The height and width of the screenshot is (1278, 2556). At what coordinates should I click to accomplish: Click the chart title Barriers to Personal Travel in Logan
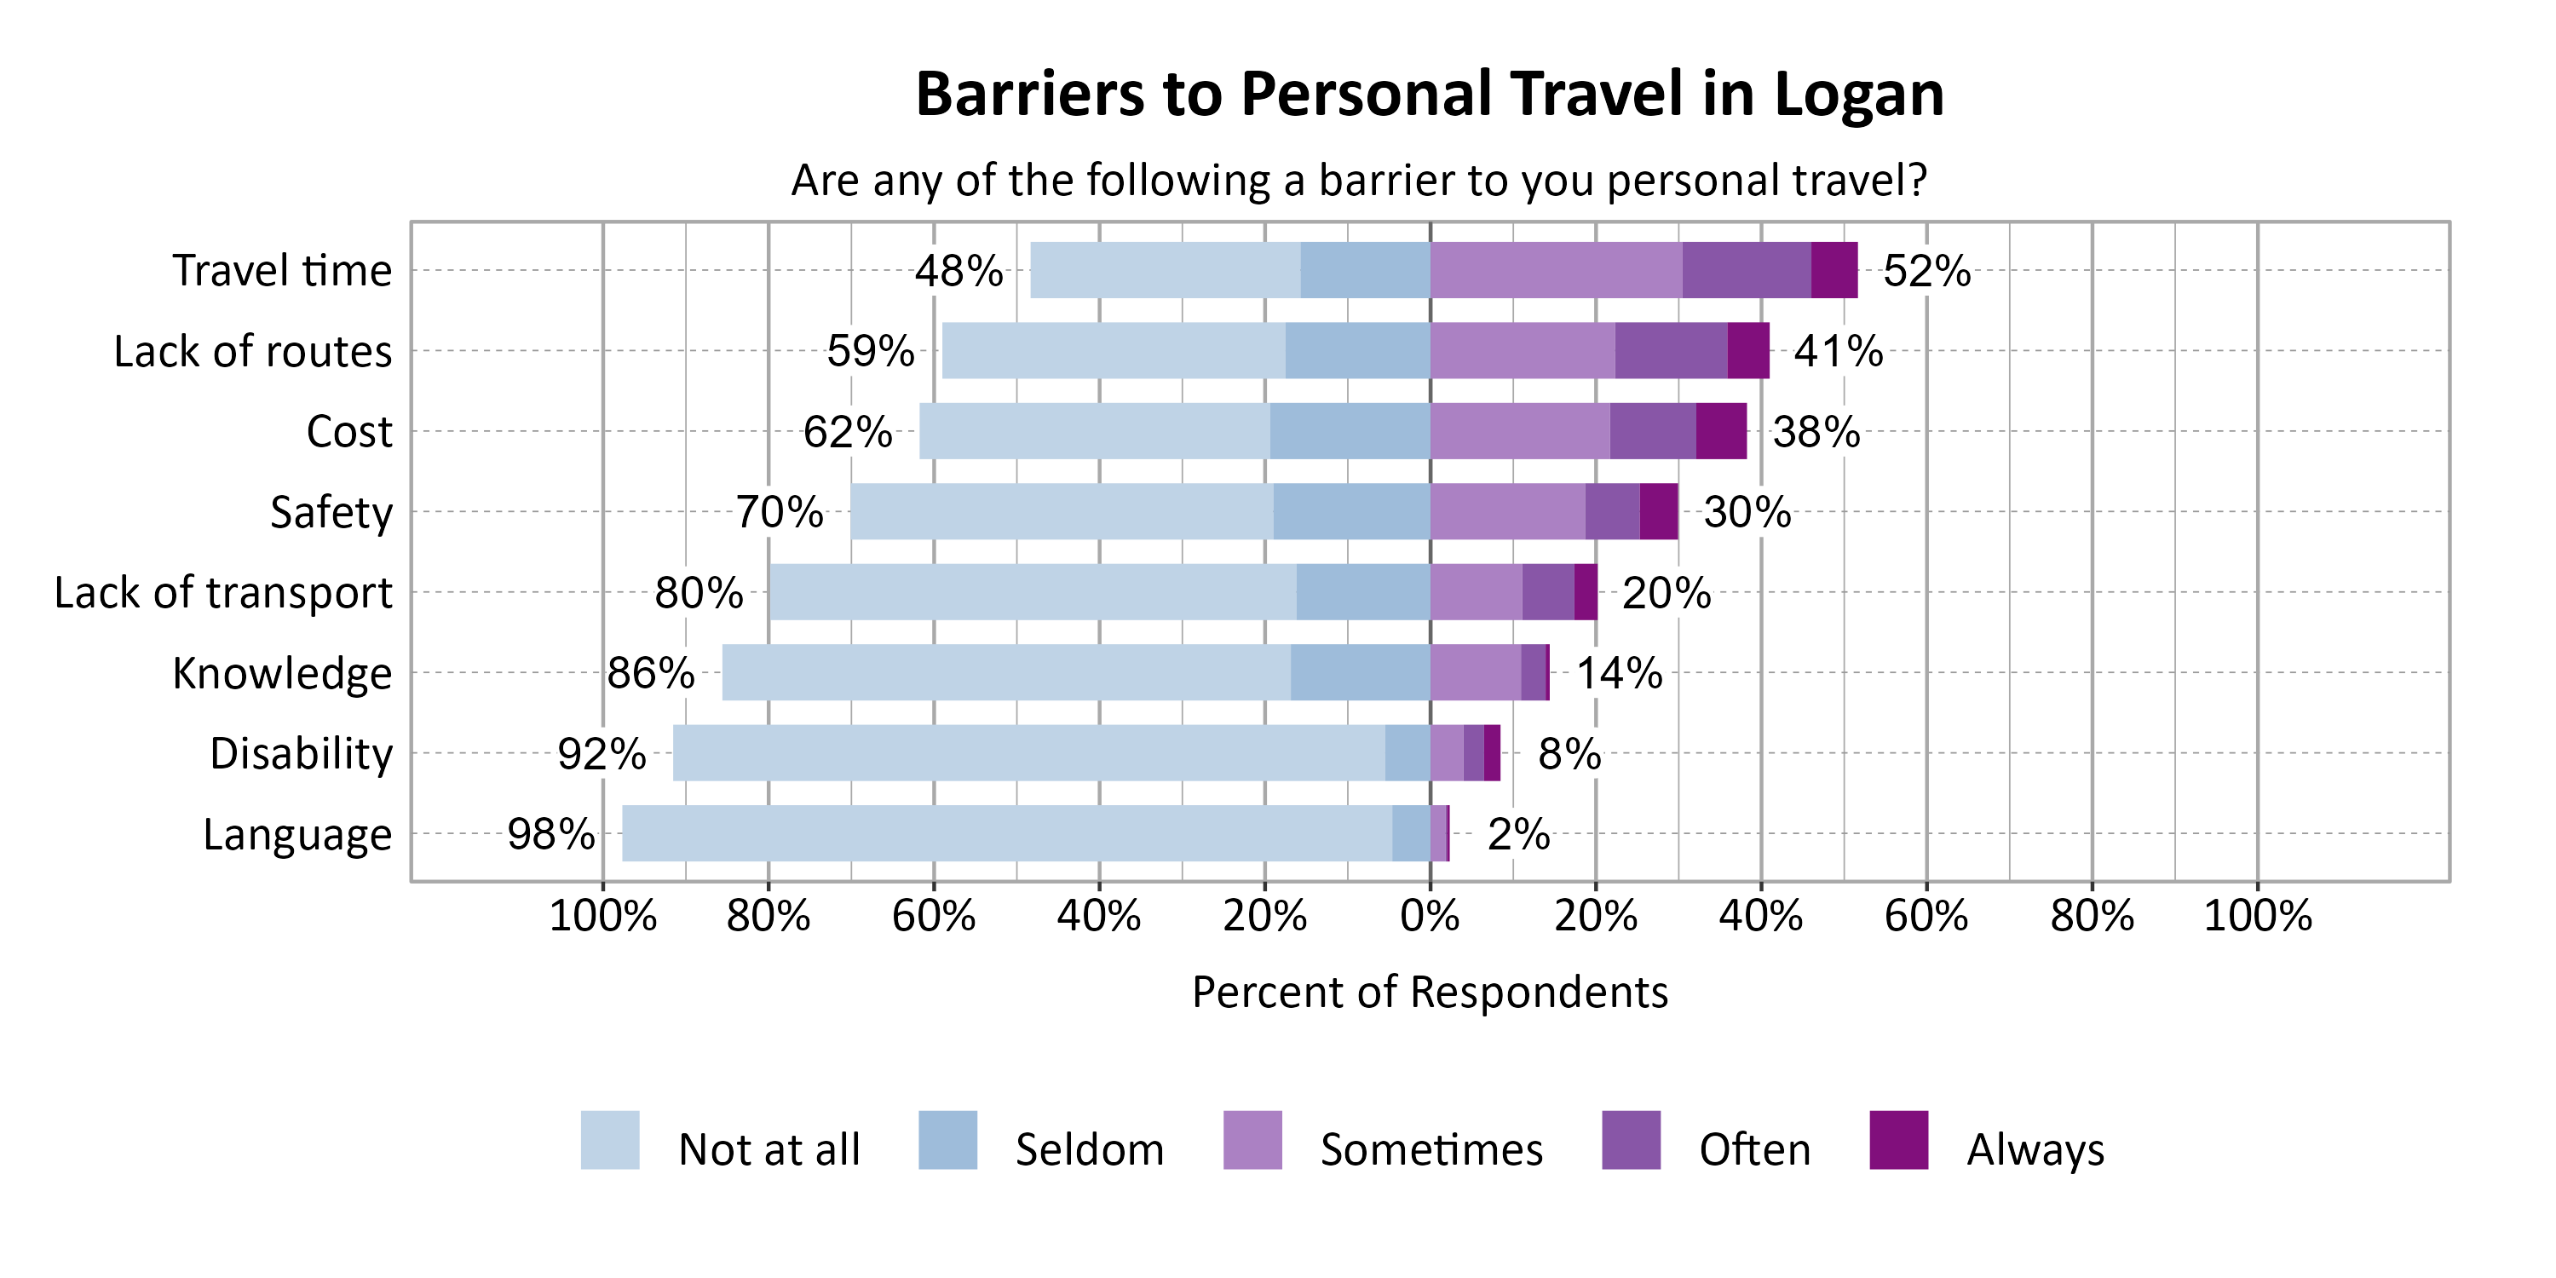pyautogui.click(x=1429, y=95)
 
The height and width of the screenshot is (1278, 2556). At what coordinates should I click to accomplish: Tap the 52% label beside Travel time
pyautogui.click(x=1926, y=271)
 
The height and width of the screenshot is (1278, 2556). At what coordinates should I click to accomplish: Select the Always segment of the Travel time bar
pyautogui.click(x=1834, y=270)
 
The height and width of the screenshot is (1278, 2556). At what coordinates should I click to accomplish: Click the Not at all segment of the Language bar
pyautogui.click(x=1006, y=833)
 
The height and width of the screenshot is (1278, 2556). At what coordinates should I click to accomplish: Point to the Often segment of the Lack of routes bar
pyautogui.click(x=1670, y=350)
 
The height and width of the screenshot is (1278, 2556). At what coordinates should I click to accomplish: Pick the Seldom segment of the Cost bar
pyautogui.click(x=1350, y=430)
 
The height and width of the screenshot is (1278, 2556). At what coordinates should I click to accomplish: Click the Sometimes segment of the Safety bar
pyautogui.click(x=1506, y=511)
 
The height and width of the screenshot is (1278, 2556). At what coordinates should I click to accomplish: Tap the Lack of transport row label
pyautogui.click(x=223, y=592)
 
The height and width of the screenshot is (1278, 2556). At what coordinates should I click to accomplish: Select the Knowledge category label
pyautogui.click(x=282, y=673)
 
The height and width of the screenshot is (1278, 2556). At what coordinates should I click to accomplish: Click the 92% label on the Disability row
pyautogui.click(x=602, y=754)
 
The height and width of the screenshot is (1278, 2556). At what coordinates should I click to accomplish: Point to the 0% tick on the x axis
pyautogui.click(x=1429, y=915)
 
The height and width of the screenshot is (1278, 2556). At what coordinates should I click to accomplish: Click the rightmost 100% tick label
pyautogui.click(x=2257, y=915)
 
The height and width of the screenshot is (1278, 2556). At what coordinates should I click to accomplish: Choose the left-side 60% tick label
pyautogui.click(x=933, y=915)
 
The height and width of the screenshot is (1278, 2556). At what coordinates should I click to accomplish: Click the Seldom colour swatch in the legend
pyautogui.click(x=947, y=1140)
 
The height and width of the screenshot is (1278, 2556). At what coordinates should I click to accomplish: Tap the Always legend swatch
pyautogui.click(x=1898, y=1140)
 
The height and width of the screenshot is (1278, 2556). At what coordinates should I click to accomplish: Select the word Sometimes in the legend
pyautogui.click(x=1431, y=1150)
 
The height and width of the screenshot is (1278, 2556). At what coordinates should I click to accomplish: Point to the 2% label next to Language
pyautogui.click(x=1517, y=834)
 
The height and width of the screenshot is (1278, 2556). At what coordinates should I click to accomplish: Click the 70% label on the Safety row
pyautogui.click(x=779, y=512)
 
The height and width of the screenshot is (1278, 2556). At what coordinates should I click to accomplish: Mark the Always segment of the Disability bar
pyautogui.click(x=1491, y=753)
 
